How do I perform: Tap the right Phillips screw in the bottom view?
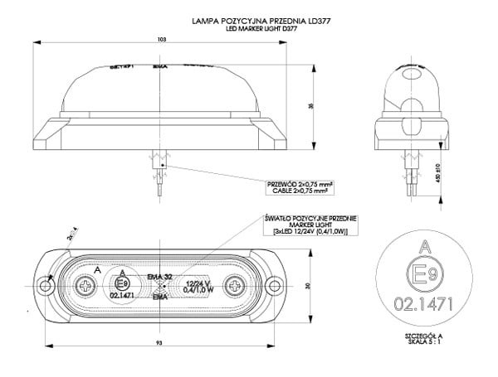(x=236, y=286)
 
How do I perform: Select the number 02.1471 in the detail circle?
(x=424, y=305)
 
